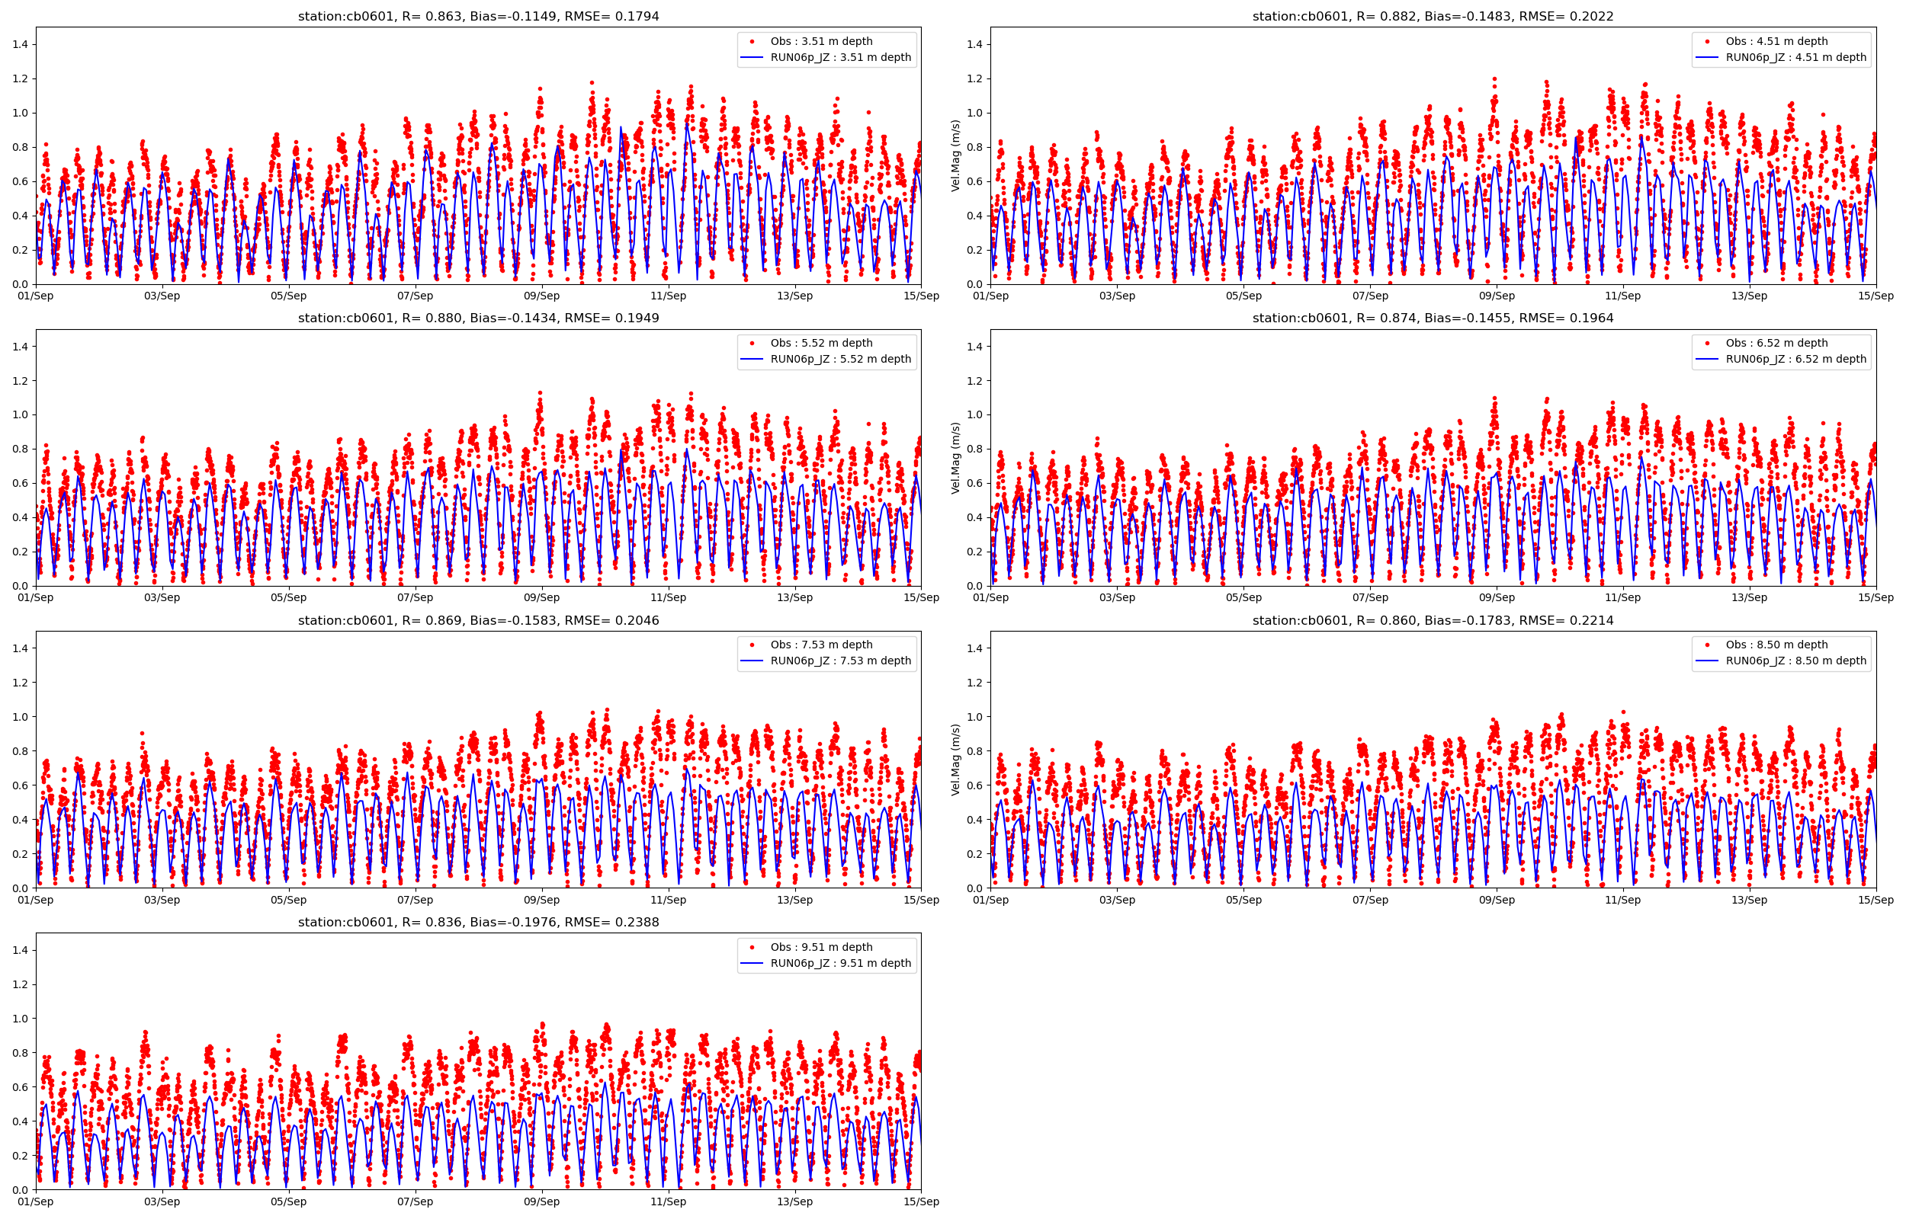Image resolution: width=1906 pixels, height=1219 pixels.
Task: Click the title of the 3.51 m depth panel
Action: point(478,17)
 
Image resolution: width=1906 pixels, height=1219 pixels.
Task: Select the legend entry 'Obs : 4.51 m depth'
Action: point(1776,41)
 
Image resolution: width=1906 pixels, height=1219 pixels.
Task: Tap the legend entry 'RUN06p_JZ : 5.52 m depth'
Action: point(840,360)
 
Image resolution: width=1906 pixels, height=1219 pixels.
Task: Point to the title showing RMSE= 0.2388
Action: point(478,922)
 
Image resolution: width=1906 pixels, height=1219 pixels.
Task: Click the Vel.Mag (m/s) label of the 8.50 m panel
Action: point(956,759)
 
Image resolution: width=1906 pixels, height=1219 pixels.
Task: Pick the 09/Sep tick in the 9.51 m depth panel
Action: point(541,1201)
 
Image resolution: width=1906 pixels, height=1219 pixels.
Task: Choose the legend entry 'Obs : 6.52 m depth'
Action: point(1776,344)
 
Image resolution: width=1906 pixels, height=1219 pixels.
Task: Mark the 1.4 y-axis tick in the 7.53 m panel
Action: point(20,648)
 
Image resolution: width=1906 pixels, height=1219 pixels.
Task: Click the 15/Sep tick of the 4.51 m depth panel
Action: point(1875,296)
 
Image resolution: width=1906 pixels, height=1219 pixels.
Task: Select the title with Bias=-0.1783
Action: point(1433,621)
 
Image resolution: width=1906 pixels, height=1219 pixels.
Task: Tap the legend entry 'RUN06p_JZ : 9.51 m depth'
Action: point(840,963)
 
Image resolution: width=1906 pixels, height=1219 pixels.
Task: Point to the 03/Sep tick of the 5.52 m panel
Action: point(162,597)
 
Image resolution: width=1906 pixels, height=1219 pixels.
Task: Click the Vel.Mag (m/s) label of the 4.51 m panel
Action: point(956,156)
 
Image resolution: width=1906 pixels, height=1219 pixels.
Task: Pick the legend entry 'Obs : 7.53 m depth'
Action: point(821,645)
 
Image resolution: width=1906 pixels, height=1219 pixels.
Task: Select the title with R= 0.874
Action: point(1433,318)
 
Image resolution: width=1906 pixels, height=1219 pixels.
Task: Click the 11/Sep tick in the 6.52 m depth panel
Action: point(1622,597)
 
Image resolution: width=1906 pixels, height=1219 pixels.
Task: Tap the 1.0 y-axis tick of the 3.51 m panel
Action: point(20,114)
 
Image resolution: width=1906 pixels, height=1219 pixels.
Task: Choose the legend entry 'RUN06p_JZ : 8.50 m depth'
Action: point(1795,661)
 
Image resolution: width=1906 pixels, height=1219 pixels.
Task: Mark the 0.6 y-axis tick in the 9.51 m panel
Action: point(20,1086)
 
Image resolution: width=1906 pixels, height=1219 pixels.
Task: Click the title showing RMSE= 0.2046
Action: point(478,621)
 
